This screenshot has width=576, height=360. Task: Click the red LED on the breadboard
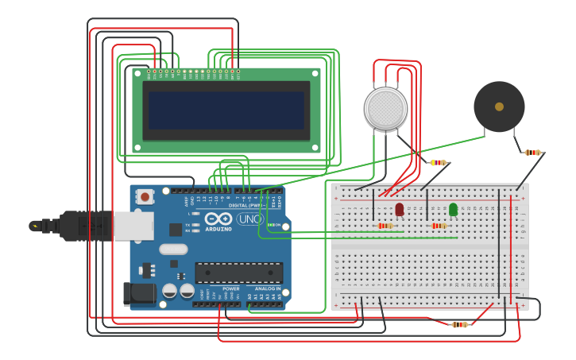click(x=400, y=209)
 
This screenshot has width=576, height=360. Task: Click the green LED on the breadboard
click(x=453, y=209)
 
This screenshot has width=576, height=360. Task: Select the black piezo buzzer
click(x=499, y=106)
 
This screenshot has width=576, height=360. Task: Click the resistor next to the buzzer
click(x=532, y=153)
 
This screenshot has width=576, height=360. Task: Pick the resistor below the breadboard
click(x=459, y=324)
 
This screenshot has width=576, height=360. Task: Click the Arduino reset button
click(x=145, y=196)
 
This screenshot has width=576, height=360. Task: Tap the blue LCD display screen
click(x=226, y=110)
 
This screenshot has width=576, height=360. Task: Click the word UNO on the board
click(x=249, y=219)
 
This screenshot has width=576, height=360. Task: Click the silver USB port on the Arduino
click(x=133, y=226)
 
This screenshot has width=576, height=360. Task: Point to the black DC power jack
click(x=139, y=293)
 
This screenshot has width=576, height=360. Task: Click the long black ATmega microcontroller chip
click(x=238, y=273)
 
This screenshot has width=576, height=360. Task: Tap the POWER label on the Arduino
click(x=230, y=288)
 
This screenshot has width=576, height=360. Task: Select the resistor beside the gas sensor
click(x=438, y=163)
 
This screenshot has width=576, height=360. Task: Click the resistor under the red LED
click(x=385, y=226)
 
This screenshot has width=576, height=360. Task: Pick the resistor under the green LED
click(x=438, y=226)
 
